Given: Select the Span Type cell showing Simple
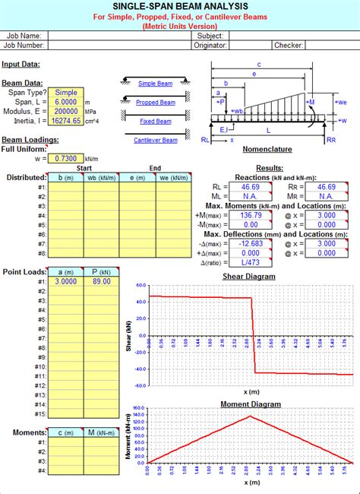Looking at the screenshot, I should (66, 91).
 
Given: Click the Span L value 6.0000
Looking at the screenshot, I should (66, 101).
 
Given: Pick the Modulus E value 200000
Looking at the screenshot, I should (66, 111).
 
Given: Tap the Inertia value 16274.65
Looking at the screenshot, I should (66, 121).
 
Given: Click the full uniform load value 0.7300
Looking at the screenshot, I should (66, 158).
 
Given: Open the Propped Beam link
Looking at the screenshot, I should (156, 103).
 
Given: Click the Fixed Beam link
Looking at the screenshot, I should (156, 121).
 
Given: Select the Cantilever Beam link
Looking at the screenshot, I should (156, 141).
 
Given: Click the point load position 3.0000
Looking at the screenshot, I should (65, 280).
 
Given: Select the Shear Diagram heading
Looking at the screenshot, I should (249, 277).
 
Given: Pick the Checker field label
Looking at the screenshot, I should (289, 46).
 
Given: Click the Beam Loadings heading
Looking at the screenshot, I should (30, 141).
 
